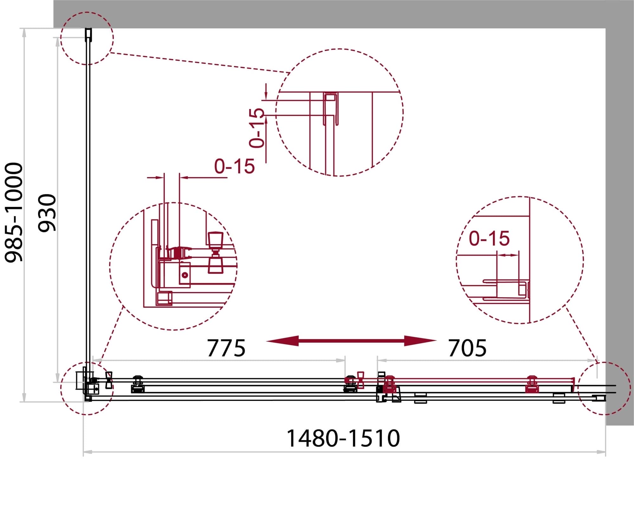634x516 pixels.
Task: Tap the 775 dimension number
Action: pyautogui.click(x=226, y=348)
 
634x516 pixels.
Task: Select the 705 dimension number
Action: pyautogui.click(x=467, y=348)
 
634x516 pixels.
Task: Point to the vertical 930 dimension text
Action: pyautogui.click(x=47, y=213)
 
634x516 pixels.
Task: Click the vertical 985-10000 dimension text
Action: pyautogui.click(x=14, y=212)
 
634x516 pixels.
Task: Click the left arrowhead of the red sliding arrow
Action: pyautogui.click(x=282, y=341)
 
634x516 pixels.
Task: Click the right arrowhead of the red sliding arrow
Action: pyautogui.click(x=421, y=341)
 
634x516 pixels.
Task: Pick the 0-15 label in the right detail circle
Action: pyautogui.click(x=489, y=238)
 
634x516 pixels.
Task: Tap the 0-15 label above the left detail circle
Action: pyautogui.click(x=235, y=166)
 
